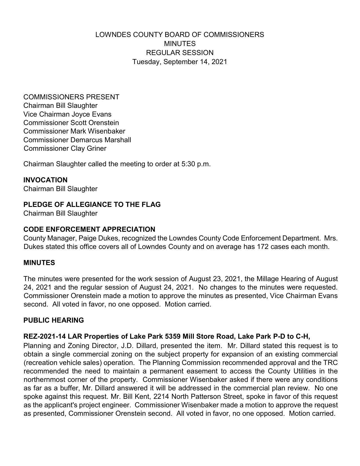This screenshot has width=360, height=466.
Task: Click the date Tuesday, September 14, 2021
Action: point(180,62)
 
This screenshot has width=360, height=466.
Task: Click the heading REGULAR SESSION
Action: point(180,53)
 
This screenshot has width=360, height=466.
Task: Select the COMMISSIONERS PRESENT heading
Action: point(71,97)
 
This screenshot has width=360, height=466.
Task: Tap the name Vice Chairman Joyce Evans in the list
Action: point(67,114)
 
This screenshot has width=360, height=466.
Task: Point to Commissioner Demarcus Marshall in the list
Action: point(77,140)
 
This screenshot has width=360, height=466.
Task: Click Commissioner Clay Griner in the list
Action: point(65,148)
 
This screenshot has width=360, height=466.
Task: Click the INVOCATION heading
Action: point(45,180)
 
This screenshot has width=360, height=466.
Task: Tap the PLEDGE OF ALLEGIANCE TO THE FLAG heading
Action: point(92,205)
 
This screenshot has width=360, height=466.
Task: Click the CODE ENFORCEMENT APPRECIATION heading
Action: point(89,229)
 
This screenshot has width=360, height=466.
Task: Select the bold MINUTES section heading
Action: point(39,263)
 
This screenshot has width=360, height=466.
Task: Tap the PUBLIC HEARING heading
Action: point(54,320)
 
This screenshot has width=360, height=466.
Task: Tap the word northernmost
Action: point(45,380)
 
